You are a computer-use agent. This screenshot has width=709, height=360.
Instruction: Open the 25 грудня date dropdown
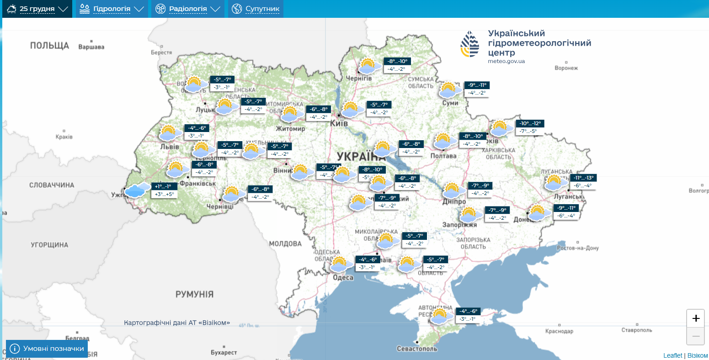click(x=37, y=9)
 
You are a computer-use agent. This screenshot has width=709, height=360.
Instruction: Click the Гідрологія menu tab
click(x=112, y=9)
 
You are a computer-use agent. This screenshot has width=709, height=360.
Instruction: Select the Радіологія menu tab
click(x=187, y=9)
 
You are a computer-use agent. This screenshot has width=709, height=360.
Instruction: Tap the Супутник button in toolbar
click(x=256, y=9)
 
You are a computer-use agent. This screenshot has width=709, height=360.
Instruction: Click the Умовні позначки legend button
click(x=47, y=349)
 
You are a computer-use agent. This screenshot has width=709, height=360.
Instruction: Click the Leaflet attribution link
click(x=672, y=355)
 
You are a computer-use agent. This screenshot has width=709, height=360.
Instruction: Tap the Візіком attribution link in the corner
click(x=697, y=355)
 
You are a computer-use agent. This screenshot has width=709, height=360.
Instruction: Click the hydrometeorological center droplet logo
click(x=470, y=44)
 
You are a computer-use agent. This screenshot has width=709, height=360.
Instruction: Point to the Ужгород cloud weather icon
click(x=137, y=190)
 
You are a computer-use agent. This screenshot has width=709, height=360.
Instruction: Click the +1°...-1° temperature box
click(x=163, y=186)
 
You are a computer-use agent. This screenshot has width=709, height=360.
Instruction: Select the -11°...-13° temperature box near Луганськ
click(x=584, y=178)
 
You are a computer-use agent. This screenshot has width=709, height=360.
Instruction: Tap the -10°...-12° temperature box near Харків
click(x=530, y=123)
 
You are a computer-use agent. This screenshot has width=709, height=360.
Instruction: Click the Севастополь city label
click(x=417, y=349)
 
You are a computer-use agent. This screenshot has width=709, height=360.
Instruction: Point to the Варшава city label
click(x=91, y=47)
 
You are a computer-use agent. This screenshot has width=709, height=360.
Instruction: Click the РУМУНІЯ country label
click(x=194, y=294)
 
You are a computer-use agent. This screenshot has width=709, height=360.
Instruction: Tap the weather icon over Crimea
click(x=440, y=316)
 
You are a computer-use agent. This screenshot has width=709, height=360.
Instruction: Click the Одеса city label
click(x=343, y=277)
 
